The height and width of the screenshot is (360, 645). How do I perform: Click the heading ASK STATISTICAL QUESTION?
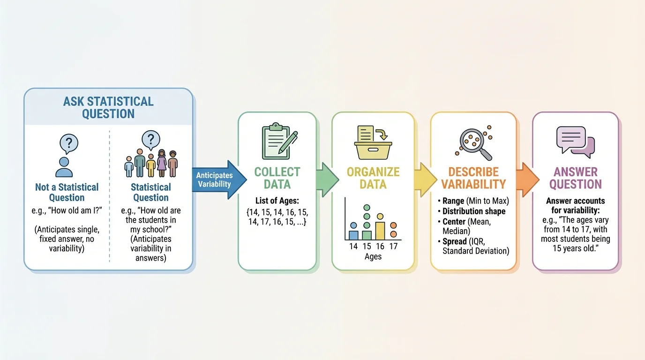pos(108,107)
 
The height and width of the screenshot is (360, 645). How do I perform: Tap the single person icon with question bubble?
pos(66,155)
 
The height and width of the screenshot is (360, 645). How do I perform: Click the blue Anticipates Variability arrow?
pos(218,179)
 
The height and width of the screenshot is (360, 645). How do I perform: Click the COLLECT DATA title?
pos(277,178)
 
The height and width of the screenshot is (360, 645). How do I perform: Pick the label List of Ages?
pos(277,200)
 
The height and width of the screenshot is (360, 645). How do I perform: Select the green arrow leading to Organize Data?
pos(327,180)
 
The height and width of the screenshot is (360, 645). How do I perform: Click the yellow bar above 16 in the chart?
pos(380,231)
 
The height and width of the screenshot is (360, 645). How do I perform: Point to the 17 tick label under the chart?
pos(393,246)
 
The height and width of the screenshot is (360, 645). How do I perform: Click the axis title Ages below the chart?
pos(373,256)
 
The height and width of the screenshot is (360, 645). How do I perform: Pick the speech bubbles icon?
pos(575,142)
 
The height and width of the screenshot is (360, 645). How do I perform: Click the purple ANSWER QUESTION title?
pos(575,178)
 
